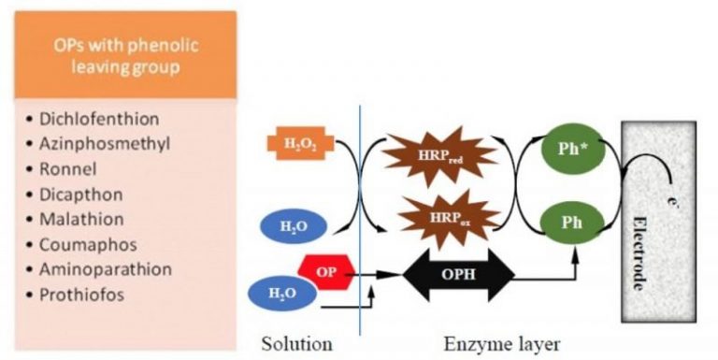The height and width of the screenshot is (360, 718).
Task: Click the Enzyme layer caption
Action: pyautogui.click(x=502, y=343)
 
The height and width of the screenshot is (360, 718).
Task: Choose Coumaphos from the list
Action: pyautogui.click(x=90, y=244)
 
